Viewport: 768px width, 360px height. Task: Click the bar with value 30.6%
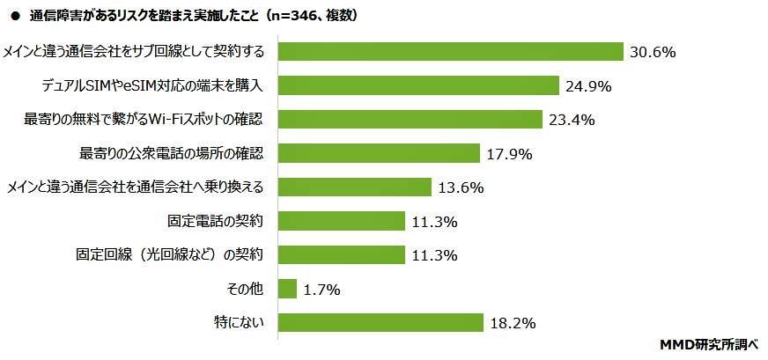(x=450, y=52)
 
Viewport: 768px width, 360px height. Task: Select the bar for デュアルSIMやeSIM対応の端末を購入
(x=418, y=85)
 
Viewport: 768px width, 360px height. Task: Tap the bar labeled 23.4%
(x=410, y=119)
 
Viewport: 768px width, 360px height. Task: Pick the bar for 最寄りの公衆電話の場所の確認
(x=379, y=153)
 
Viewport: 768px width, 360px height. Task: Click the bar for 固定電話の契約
(x=341, y=221)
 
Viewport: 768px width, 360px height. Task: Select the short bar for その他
(x=286, y=289)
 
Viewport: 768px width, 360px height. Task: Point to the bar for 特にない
(x=380, y=323)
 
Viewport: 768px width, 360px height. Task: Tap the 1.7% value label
(x=322, y=290)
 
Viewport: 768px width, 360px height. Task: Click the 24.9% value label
(x=587, y=86)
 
